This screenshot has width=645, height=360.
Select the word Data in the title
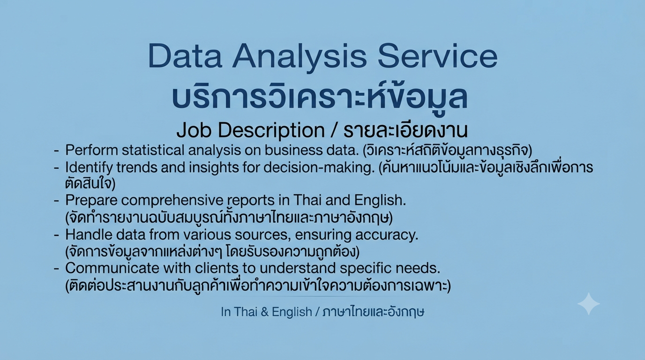coord(185,56)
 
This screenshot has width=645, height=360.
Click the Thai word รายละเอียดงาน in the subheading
coord(405,130)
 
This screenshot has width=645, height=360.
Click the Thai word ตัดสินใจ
coord(90,184)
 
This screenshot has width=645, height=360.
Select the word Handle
coord(89,235)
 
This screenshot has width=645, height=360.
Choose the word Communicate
coord(112,268)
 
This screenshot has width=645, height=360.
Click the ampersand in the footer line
coord(264,312)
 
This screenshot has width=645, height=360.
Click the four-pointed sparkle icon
coord(589,304)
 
